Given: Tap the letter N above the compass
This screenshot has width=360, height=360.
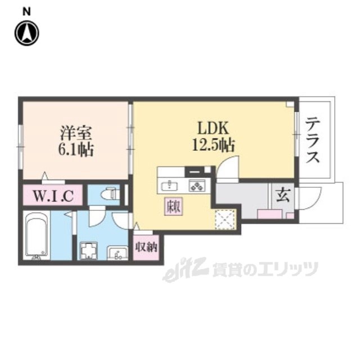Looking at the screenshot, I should coord(26,11).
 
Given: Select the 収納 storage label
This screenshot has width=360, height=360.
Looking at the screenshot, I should coord(147,247).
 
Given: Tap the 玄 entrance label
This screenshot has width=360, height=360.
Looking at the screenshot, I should coord(281,196).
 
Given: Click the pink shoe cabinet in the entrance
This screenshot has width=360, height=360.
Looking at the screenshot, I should coord(270,213).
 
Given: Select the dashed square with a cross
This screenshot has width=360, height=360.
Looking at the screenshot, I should coord(225,218).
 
